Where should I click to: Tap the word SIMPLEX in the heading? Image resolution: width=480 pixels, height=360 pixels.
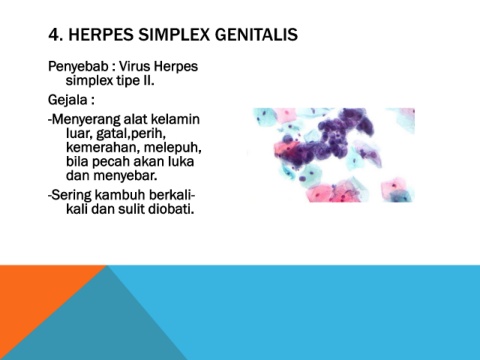[174, 35]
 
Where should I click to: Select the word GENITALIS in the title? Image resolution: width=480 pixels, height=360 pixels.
[256, 35]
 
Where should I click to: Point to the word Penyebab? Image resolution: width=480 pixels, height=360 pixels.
[78, 67]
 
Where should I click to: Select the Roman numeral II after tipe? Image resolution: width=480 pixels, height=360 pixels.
[148, 80]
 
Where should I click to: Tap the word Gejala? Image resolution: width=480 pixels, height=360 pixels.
[67, 100]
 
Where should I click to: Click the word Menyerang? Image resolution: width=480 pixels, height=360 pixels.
[86, 119]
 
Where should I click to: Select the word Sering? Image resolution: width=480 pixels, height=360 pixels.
[71, 195]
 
